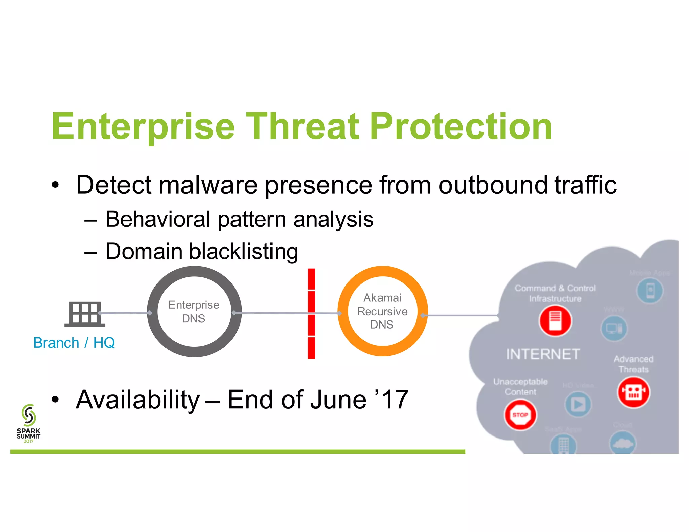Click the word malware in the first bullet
[208, 185]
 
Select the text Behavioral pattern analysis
[239, 219]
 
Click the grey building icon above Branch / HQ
[84, 314]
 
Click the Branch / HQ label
[74, 343]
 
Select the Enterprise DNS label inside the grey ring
[194, 312]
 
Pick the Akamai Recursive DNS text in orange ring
[383, 311]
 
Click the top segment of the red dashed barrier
[312, 279]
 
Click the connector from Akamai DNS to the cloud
[461, 315]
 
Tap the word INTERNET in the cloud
[543, 354]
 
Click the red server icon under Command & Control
[555, 321]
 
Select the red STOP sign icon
[520, 415]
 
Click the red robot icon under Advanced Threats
[633, 392]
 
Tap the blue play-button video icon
[578, 405]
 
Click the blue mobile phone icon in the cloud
[650, 291]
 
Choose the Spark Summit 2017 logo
[29, 423]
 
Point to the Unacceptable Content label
[520, 387]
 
